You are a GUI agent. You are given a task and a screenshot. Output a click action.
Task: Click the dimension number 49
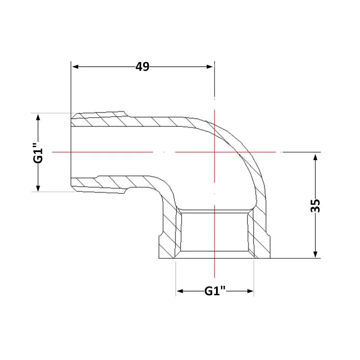click(142, 67)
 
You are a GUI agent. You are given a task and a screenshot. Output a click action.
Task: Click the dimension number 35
click(315, 206)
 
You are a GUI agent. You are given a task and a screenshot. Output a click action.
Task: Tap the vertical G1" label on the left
click(38, 153)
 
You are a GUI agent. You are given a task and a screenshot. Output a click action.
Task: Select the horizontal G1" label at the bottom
click(215, 291)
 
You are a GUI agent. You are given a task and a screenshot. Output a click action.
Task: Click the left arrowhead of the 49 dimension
click(76, 67)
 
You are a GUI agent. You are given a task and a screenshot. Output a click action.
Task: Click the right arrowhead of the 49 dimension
click(210, 67)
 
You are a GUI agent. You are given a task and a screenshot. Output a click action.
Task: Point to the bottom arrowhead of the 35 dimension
click(315, 254)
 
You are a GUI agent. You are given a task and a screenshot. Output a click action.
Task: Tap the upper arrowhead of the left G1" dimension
click(38, 117)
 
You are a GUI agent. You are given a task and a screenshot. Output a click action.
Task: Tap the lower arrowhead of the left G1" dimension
click(38, 188)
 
